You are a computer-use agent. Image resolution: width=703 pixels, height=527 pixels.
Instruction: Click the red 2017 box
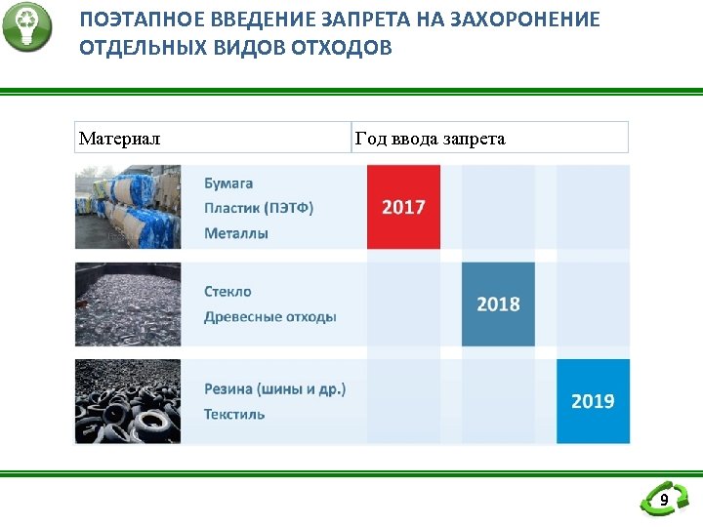[403, 207]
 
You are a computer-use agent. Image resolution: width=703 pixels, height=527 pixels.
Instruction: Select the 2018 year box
[498, 304]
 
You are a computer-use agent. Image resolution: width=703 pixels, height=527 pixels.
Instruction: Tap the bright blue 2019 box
[593, 400]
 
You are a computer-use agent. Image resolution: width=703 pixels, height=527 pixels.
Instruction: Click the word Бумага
[228, 182]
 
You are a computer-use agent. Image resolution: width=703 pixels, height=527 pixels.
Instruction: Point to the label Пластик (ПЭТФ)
[259, 208]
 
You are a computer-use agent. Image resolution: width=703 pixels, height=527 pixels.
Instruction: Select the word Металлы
[236, 233]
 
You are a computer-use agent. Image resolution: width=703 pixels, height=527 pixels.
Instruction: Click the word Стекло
[227, 291]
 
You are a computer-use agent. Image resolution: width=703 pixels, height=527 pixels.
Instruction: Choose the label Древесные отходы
[270, 316]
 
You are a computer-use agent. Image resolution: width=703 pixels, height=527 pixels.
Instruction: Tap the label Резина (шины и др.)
[275, 388]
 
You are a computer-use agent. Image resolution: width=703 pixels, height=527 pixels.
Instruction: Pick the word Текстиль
[234, 414]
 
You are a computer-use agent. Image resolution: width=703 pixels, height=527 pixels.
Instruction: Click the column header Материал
[119, 139]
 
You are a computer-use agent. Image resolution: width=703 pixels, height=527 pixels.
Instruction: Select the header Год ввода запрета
[430, 139]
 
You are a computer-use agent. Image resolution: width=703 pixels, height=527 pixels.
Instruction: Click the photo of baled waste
[128, 207]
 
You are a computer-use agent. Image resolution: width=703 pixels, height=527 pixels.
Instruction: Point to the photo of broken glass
[128, 304]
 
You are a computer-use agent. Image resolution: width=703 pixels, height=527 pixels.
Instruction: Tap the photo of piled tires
[128, 400]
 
